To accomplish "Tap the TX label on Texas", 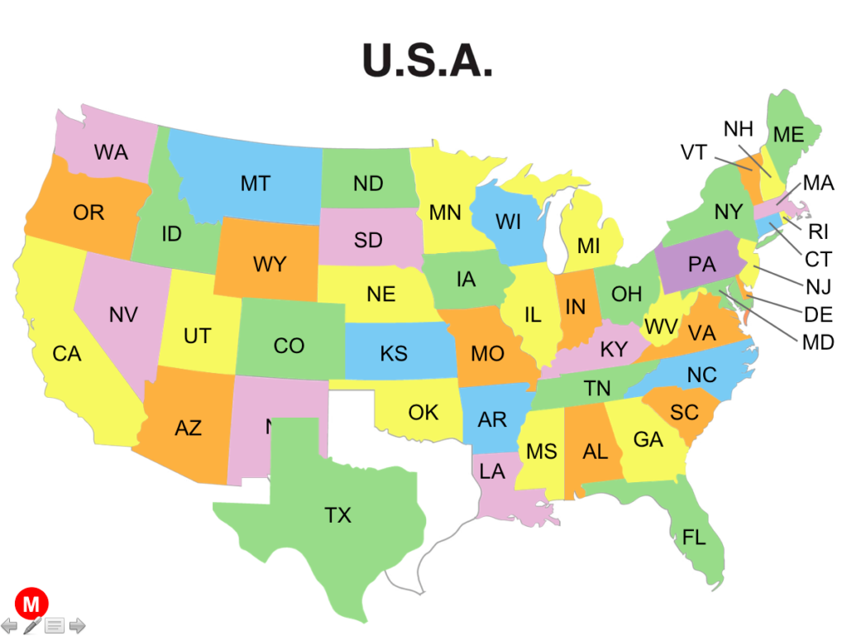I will [337, 515].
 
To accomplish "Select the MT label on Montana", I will [255, 184].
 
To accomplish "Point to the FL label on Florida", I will [694, 538].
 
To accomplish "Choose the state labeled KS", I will [394, 353].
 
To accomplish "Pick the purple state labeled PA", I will [701, 265].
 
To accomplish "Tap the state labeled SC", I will [684, 412].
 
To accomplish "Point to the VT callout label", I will [693, 152].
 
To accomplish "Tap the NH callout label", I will [738, 129].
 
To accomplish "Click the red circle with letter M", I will [31, 604].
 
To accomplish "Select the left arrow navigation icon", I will [9, 625].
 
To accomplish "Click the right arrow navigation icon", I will [77, 625].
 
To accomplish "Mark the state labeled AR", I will [492, 419].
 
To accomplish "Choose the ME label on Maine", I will [788, 135].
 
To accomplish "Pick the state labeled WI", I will [508, 222].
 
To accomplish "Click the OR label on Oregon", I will [89, 213].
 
